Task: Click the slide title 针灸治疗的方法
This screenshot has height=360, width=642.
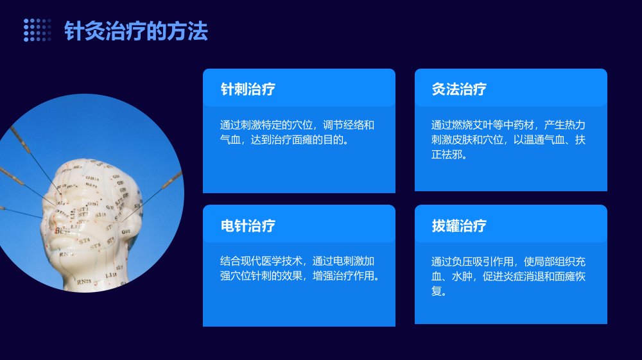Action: (136, 31)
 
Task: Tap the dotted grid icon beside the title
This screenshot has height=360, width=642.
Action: (37, 30)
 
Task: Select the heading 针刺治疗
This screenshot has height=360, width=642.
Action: (248, 89)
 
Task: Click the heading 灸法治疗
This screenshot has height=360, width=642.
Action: (459, 89)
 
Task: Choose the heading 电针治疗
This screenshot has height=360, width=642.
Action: (248, 225)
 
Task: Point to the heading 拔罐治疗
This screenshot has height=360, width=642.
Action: (459, 225)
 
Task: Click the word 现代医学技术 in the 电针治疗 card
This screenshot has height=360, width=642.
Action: (272, 261)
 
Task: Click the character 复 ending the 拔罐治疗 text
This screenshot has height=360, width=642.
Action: (436, 291)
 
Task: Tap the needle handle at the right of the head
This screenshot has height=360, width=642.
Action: (172, 180)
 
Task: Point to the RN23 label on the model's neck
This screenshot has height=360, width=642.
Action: (83, 282)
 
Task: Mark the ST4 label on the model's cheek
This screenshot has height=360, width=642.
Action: (84, 241)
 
